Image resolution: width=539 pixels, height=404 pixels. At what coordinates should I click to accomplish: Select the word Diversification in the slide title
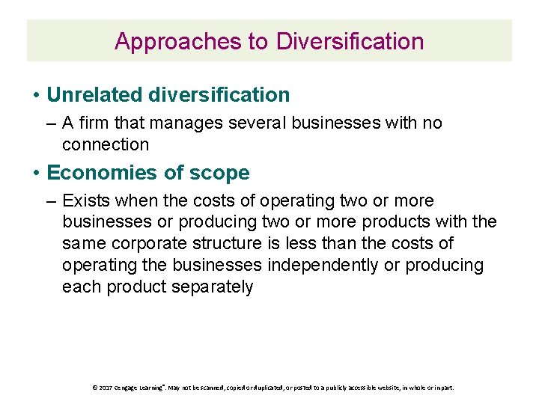tap(350, 41)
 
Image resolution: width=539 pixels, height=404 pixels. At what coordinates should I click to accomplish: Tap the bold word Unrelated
tap(95, 95)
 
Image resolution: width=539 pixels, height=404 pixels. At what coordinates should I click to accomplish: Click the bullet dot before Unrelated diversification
tap(36, 96)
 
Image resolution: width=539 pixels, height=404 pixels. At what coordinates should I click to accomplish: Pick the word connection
tap(106, 144)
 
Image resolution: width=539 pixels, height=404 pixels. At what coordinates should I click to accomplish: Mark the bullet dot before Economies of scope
tap(36, 174)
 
